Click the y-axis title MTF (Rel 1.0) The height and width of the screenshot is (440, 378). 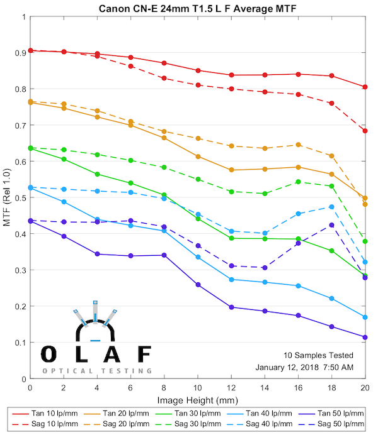coord(7,198)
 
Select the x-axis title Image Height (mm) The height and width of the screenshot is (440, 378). coord(198,400)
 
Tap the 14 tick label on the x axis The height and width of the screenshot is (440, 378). coord(265,388)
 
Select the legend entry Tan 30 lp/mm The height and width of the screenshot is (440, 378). coord(197,414)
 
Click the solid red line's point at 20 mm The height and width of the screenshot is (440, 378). coord(365,87)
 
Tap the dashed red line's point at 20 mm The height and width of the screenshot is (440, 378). coord(365,131)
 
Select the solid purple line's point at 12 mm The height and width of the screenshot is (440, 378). coord(231,307)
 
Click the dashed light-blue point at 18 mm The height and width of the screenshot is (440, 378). coord(331,207)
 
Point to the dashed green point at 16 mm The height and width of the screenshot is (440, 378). coord(298,182)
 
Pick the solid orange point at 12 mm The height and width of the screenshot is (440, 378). coord(231,170)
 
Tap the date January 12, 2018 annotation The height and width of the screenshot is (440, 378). coord(304,366)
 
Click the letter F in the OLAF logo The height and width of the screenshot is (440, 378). coord(144,355)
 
